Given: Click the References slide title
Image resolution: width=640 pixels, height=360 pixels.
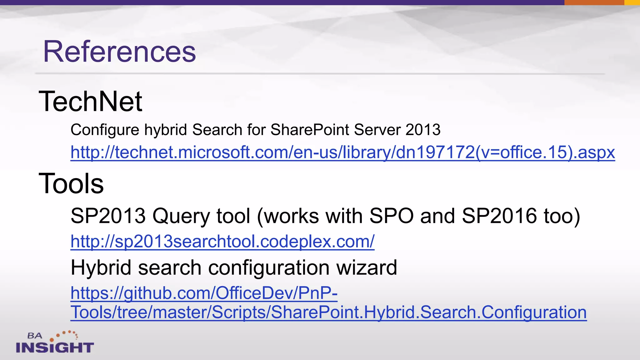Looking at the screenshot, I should pos(119,52).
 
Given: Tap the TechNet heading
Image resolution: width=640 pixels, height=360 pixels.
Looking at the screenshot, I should pos(90,101).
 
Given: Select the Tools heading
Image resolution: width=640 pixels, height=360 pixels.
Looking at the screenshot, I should pos(71,183).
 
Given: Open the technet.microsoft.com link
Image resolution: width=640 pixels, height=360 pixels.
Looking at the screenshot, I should pos(342,152).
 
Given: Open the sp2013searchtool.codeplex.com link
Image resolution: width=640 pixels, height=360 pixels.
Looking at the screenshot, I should pos(222,242).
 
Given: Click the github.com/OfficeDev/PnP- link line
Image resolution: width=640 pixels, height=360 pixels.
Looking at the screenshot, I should pos(204,293).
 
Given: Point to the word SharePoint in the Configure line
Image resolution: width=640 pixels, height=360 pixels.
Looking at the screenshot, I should pos(309,130).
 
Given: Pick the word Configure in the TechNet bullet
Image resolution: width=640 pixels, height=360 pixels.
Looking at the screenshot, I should pos(105,130).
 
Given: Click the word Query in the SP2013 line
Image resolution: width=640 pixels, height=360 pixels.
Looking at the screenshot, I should pos(181,216).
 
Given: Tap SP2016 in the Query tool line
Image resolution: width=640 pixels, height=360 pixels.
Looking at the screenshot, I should pos(499,216).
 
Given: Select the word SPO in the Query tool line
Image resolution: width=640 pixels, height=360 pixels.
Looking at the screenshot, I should pos(392,216).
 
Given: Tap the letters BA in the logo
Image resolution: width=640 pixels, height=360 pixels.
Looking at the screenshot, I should pos(35,336).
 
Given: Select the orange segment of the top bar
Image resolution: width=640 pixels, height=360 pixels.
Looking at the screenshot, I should pos(594,2).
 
